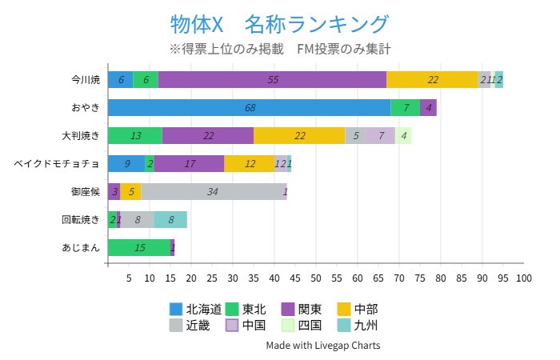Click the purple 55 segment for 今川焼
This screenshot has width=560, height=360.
pyautogui.click(x=272, y=79)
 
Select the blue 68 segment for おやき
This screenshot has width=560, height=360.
pyautogui.click(x=250, y=107)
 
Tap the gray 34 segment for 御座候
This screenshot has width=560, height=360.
pyautogui.click(x=212, y=191)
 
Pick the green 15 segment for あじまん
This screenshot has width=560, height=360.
pyautogui.click(x=139, y=247)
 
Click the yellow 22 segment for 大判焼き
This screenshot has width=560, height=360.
pyautogui.click(x=299, y=135)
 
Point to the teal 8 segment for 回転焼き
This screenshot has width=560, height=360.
pyautogui.click(x=170, y=219)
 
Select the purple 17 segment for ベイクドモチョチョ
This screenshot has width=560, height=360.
pyautogui.click(x=189, y=163)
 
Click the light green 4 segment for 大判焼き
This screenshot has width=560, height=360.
pyautogui.click(x=404, y=135)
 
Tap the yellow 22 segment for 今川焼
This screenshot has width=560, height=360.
pyautogui.click(x=432, y=79)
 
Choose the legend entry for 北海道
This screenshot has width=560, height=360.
pyautogui.click(x=195, y=309)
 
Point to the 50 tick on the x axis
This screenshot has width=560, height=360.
pyautogui.click(x=316, y=278)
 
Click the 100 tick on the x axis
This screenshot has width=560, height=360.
pyautogui.click(x=523, y=278)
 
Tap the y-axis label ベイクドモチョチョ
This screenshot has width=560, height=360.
pyautogui.click(x=57, y=163)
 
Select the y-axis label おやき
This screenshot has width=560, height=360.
pyautogui.click(x=86, y=107)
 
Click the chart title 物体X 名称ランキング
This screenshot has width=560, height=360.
pyautogui.click(x=280, y=23)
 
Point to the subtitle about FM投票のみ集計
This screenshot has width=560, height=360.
pyautogui.click(x=280, y=49)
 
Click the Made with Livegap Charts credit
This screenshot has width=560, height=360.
pyautogui.click(x=323, y=346)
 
